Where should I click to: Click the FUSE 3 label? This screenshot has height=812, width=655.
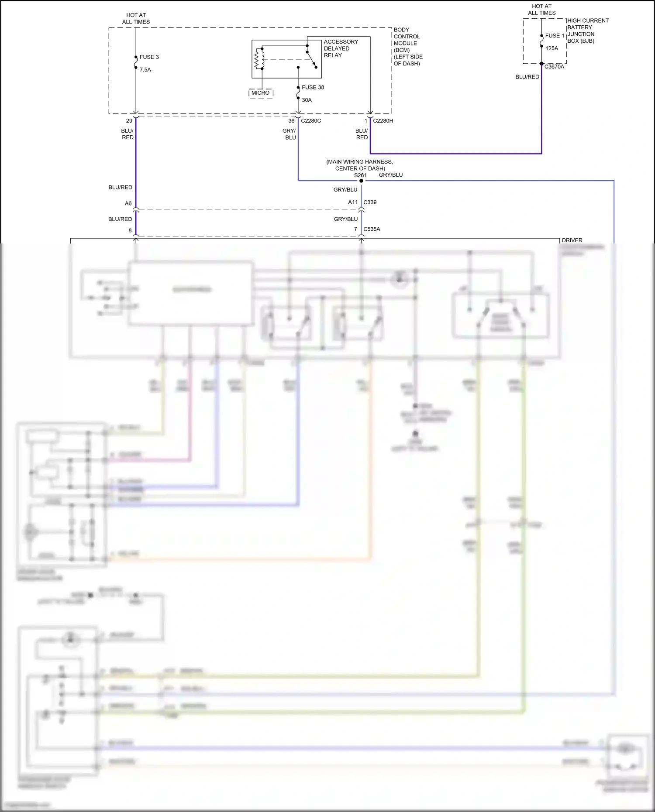point(149,57)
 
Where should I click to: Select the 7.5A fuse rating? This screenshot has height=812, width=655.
point(145,70)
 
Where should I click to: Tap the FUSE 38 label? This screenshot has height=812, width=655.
point(313,87)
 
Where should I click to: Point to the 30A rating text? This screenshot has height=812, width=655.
point(307,100)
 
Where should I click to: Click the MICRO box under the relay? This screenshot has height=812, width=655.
point(261,93)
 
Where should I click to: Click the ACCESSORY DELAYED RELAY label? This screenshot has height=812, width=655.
point(341,48)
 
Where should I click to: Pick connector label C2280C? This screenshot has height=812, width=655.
point(311,121)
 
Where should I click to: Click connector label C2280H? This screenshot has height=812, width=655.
point(383,121)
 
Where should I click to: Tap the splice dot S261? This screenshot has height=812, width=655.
point(361,181)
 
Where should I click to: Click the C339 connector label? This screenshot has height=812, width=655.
point(370,202)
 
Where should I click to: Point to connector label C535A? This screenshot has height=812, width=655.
point(372,229)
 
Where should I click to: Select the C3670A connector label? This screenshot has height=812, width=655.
point(554,67)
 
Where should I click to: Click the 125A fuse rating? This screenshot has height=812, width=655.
point(552,48)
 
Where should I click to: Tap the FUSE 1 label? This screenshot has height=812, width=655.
point(555,36)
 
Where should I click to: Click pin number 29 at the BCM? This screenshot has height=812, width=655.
point(129,121)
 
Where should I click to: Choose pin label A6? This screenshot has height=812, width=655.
point(128,203)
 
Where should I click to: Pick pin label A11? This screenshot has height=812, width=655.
point(353,202)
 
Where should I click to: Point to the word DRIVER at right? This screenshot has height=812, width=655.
point(572,240)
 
